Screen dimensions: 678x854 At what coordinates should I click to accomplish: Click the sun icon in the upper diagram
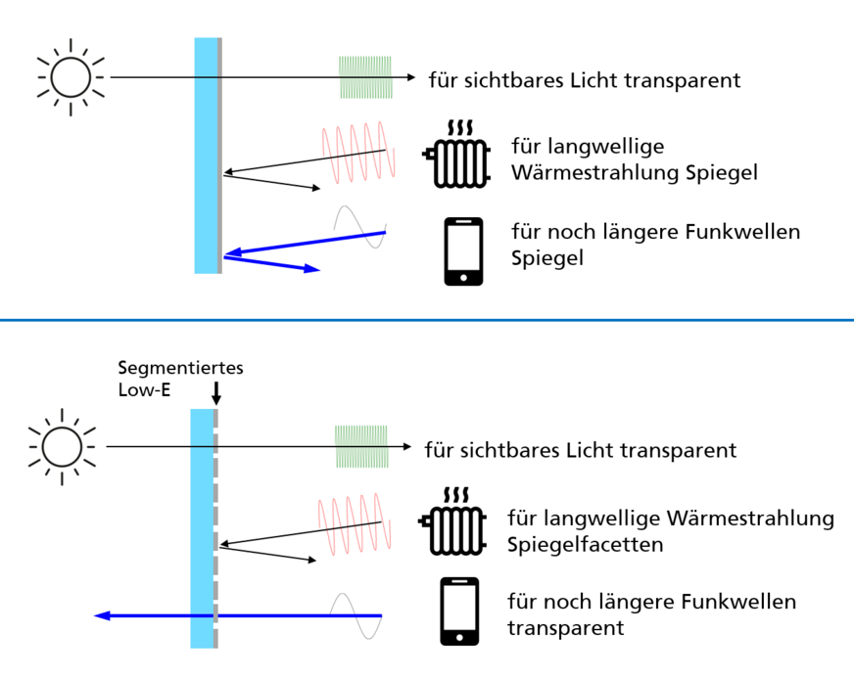[x=71, y=75]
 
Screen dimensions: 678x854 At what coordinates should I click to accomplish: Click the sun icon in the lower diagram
[x=63, y=446]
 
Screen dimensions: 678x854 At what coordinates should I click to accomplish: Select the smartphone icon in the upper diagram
[x=463, y=251]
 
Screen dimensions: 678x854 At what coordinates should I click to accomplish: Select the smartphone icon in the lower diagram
[x=459, y=610]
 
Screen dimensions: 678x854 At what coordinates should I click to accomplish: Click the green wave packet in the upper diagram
[x=367, y=77]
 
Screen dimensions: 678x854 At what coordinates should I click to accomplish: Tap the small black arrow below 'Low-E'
[x=216, y=393]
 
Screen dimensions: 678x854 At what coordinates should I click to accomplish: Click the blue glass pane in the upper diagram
[x=205, y=156]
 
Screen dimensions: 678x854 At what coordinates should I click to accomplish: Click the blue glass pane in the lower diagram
[x=201, y=528]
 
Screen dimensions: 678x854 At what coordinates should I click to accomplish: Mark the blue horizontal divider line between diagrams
[x=427, y=320]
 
